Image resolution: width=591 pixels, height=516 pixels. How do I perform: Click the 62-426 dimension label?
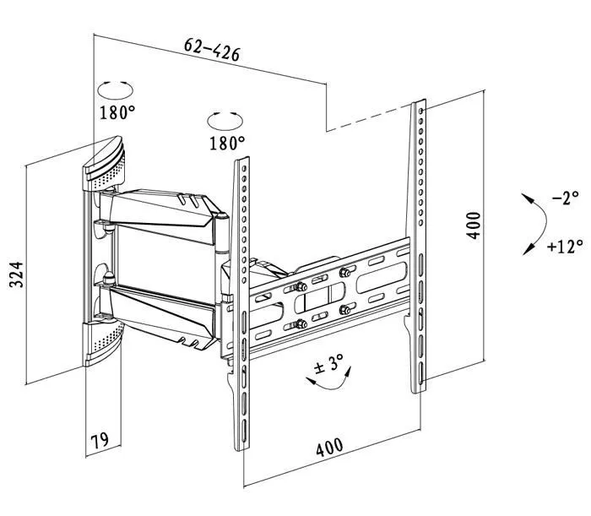pyautogui.click(x=212, y=49)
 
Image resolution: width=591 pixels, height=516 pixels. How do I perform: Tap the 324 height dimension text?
pyautogui.click(x=16, y=274)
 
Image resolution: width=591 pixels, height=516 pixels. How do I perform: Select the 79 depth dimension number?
pyautogui.click(x=100, y=440)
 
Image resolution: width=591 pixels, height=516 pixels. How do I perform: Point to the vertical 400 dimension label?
pyautogui.click(x=474, y=225)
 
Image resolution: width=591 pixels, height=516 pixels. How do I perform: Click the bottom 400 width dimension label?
pyautogui.click(x=329, y=447)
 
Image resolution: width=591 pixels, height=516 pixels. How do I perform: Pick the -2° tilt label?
pyautogui.click(x=565, y=198)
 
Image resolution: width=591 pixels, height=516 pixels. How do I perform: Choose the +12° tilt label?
pyautogui.click(x=565, y=246)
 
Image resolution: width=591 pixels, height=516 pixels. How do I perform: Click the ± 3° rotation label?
pyautogui.click(x=328, y=364)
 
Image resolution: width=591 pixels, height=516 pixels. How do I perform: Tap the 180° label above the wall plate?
pyautogui.click(x=117, y=112)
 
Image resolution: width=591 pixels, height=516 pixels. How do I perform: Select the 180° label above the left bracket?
pyautogui.click(x=227, y=144)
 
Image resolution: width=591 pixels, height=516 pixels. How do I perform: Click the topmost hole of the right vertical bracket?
pyautogui.click(x=420, y=111)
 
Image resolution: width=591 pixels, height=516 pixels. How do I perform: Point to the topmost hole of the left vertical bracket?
pyautogui.click(x=244, y=169)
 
